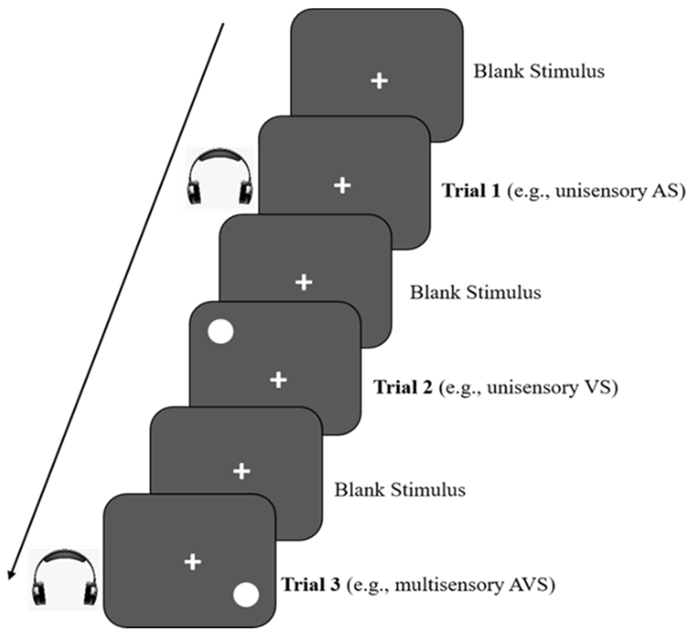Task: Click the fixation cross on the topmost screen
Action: tap(379, 81)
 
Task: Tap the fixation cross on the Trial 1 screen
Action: tap(342, 185)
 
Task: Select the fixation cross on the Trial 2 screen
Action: tap(278, 380)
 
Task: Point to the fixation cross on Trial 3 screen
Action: tap(193, 562)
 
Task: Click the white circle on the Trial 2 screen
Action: tap(221, 331)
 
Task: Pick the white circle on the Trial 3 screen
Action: tap(246, 594)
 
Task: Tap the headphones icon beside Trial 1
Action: tap(220, 178)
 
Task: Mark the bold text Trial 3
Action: tap(311, 584)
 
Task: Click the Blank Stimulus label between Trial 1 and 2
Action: tap(475, 293)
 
